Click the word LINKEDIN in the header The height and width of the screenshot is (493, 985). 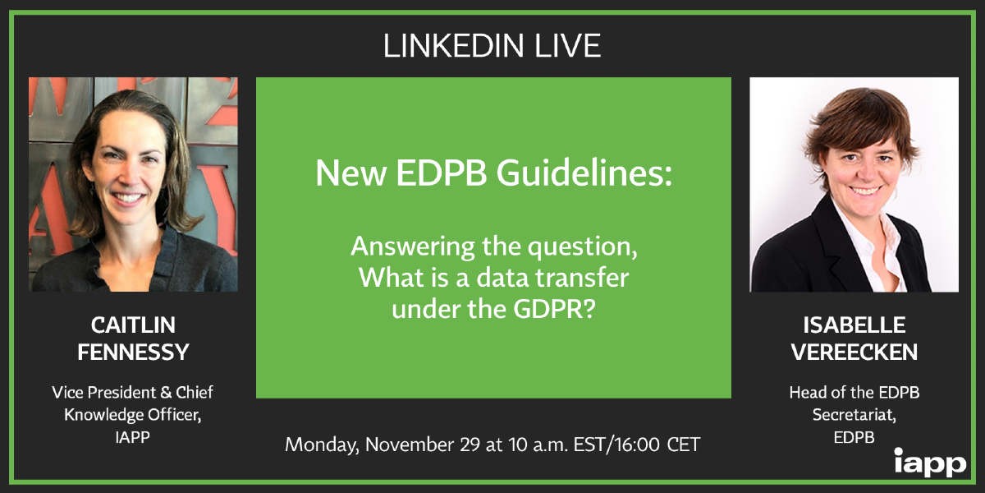(454, 46)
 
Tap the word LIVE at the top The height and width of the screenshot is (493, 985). (568, 46)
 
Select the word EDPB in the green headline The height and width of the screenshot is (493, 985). (442, 173)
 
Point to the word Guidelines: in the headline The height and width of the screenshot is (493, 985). (584, 173)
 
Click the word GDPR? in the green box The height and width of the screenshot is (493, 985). (554, 309)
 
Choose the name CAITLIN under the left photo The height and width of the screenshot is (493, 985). (133, 325)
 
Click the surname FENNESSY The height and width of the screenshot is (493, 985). (133, 352)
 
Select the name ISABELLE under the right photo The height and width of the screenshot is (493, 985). (854, 325)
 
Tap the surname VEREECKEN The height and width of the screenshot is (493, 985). (854, 352)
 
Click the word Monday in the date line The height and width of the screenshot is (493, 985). (322, 445)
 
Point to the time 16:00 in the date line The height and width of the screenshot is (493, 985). (637, 445)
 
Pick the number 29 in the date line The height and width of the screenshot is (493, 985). (470, 445)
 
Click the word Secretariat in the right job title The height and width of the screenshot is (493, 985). (854, 415)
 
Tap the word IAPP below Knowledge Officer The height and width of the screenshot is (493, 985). (132, 437)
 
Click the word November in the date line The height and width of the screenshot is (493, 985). (409, 445)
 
